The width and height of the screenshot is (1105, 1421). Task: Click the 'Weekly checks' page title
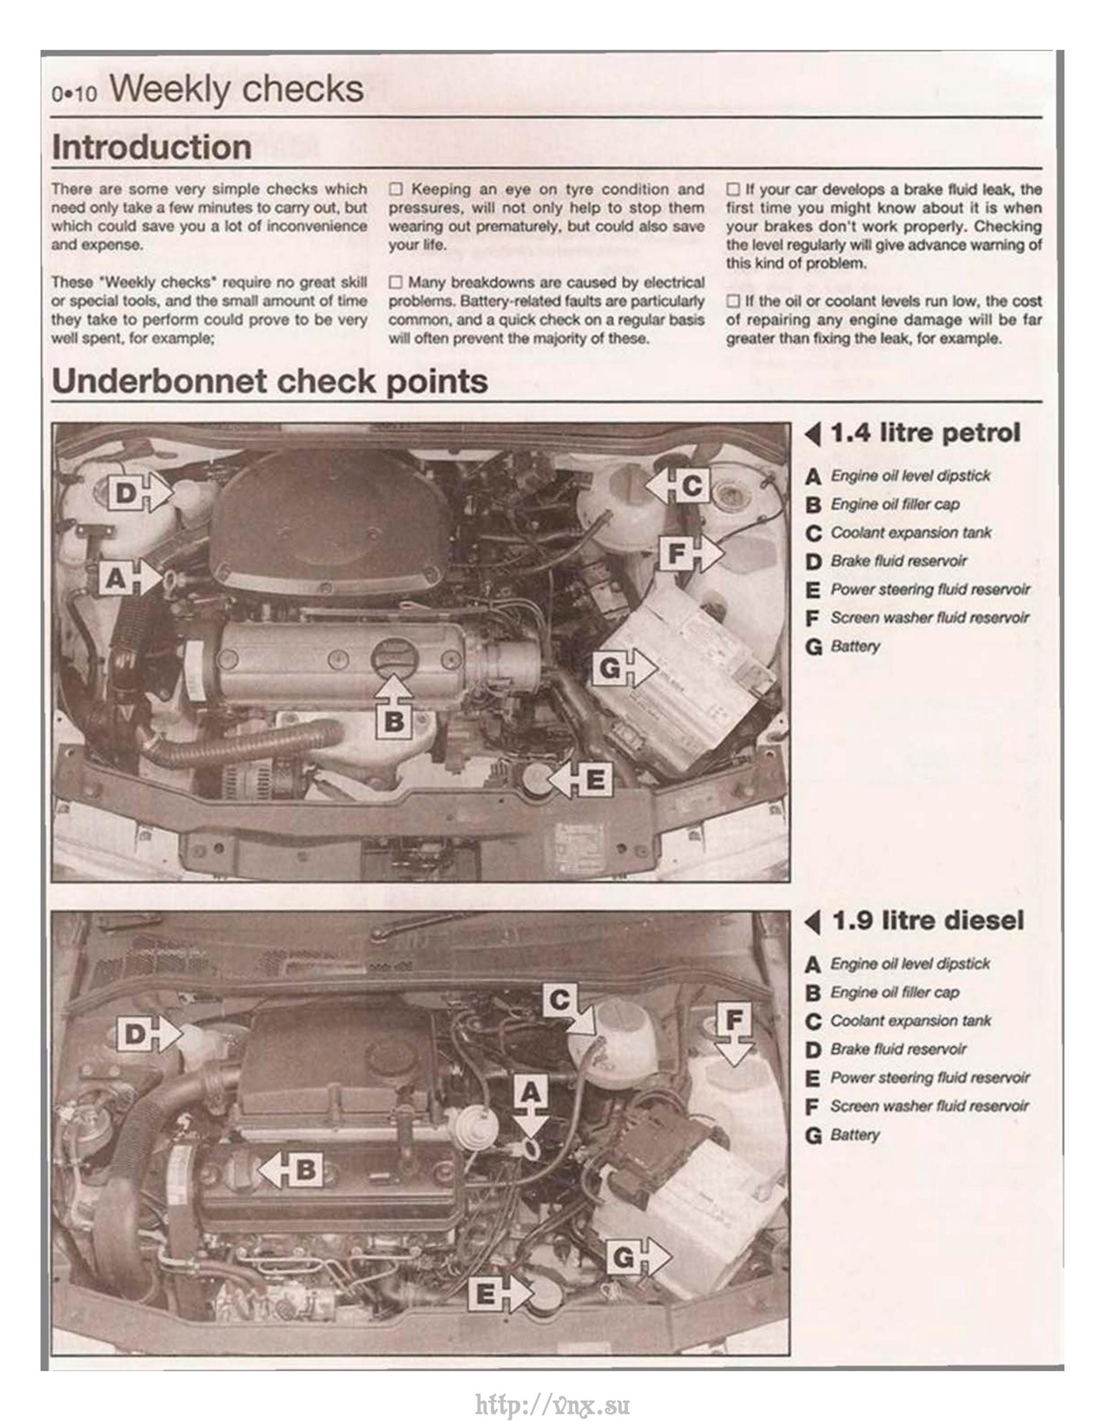(237, 89)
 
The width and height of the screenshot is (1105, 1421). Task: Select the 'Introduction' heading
(151, 147)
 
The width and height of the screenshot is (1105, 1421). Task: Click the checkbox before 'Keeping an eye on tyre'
(396, 190)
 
